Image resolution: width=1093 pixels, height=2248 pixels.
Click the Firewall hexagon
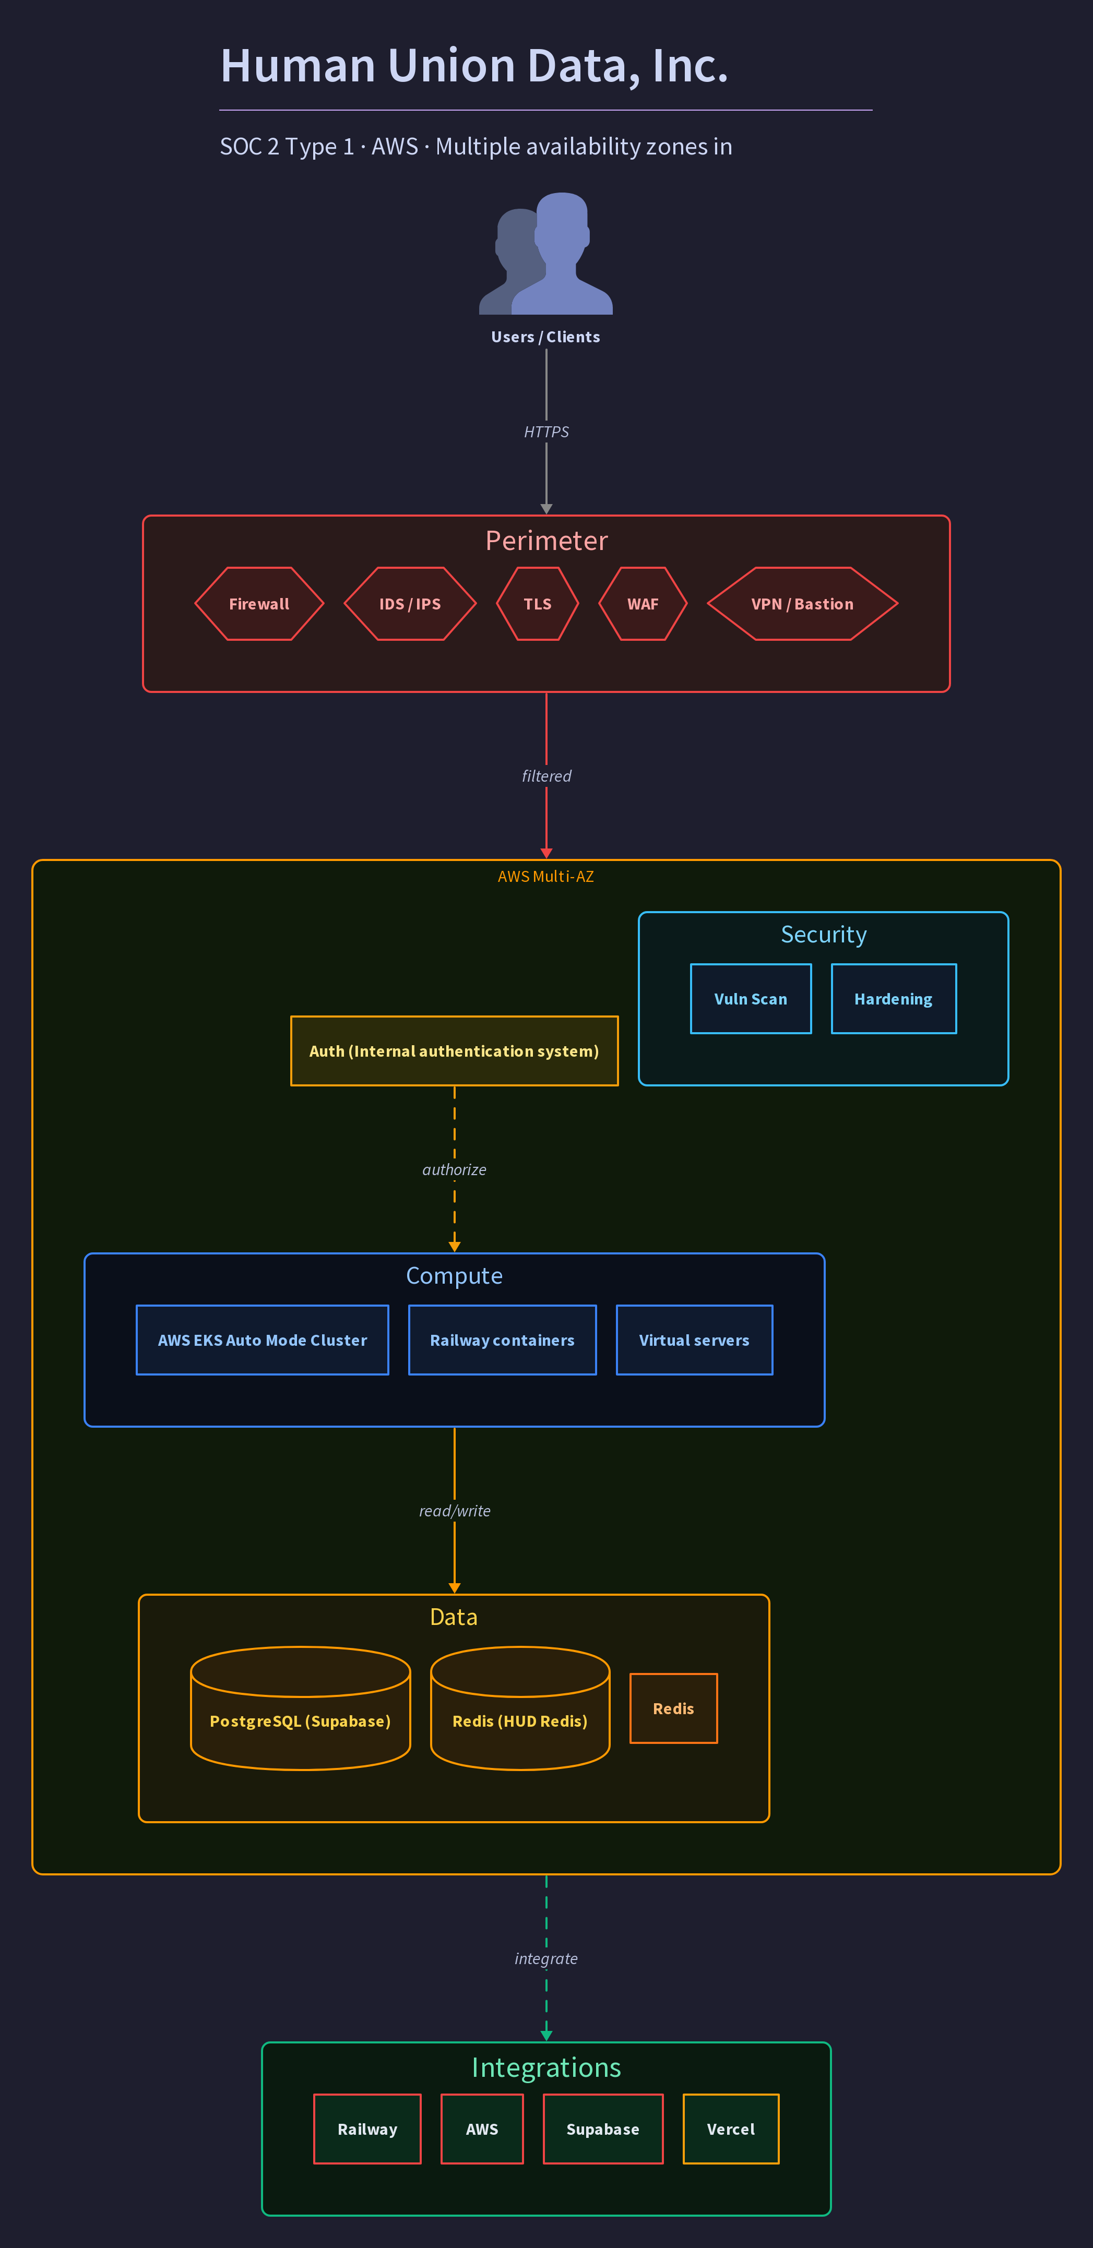259,604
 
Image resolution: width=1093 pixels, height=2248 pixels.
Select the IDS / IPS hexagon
410,604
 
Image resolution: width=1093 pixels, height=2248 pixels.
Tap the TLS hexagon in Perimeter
538,604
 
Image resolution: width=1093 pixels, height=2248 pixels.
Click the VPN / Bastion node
802,604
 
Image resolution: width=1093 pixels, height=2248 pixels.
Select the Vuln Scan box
751,999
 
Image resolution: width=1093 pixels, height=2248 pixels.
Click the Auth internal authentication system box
455,1051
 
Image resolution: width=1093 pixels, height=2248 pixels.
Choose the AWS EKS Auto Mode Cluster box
263,1341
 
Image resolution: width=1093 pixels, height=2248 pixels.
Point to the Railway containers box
503,1341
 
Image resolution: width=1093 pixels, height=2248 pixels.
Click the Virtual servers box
695,1341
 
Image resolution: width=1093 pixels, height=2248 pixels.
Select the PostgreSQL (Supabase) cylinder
300,1708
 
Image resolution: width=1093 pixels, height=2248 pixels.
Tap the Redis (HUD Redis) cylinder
520,1708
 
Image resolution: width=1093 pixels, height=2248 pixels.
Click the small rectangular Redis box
674,1708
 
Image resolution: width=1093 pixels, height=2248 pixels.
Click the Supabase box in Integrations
603,2130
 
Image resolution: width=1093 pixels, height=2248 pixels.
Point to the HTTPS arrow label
546,432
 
